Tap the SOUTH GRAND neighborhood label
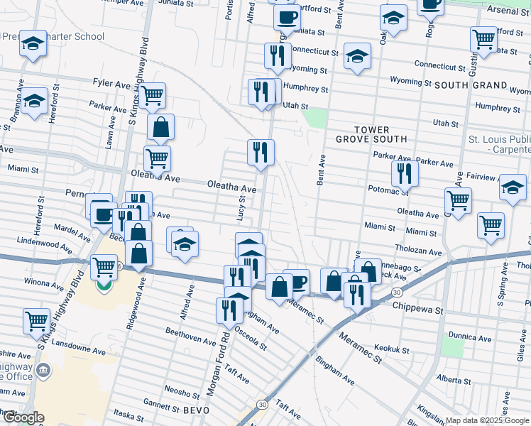pos(471,85)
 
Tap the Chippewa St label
pos(417,310)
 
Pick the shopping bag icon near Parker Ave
pos(161,127)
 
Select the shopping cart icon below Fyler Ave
pos(153,94)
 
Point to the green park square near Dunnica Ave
pos(451,347)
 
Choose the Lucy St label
pos(242,209)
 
